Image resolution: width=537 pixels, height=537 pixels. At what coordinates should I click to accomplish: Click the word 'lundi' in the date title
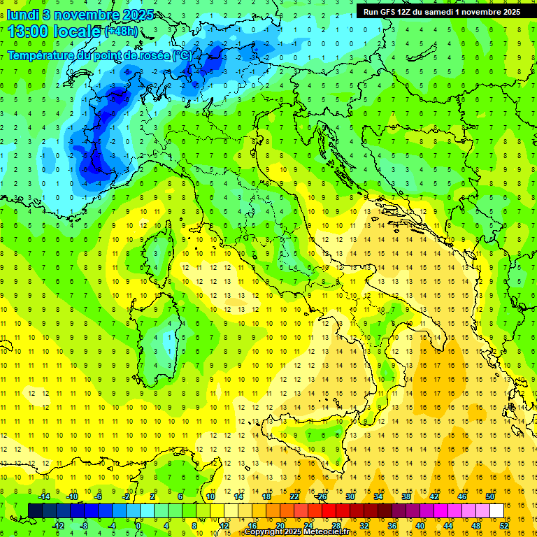coord(25,14)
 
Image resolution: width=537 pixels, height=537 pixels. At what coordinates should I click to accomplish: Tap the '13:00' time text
coord(27,31)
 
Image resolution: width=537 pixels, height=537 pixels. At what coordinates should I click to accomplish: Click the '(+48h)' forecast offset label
coord(121,31)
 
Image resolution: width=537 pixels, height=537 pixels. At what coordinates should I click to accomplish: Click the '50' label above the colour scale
coord(490,496)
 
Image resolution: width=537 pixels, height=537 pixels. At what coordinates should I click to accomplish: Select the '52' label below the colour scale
coord(503,526)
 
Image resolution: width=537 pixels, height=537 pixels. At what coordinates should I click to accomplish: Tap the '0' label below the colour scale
coord(138,526)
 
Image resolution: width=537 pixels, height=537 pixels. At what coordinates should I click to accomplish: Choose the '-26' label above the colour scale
coord(321,496)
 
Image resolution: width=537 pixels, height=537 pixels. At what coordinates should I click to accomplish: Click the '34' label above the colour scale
coord(378,496)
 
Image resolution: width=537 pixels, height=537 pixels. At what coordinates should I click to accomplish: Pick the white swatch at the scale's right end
coord(497,510)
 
